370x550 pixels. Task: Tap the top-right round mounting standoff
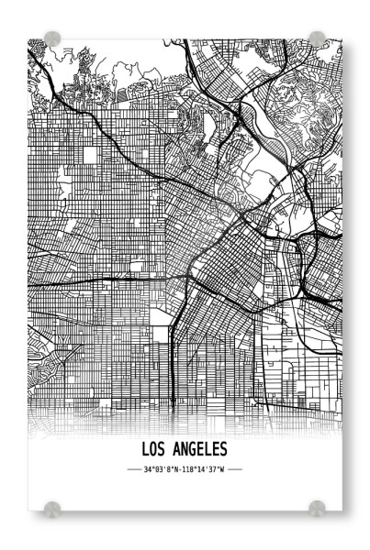pos(317,39)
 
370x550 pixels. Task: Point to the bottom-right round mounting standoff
pos(317,507)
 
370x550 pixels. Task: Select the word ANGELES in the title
pos(199,449)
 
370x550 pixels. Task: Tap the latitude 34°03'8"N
pos(162,469)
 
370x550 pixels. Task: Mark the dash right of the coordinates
pos(234,469)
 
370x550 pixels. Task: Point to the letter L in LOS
pos(147,449)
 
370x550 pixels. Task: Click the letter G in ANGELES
pos(190,449)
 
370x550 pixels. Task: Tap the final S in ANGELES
pos(223,449)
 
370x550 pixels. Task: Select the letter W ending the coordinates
pos(223,469)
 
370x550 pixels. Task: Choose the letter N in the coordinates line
pos(178,469)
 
